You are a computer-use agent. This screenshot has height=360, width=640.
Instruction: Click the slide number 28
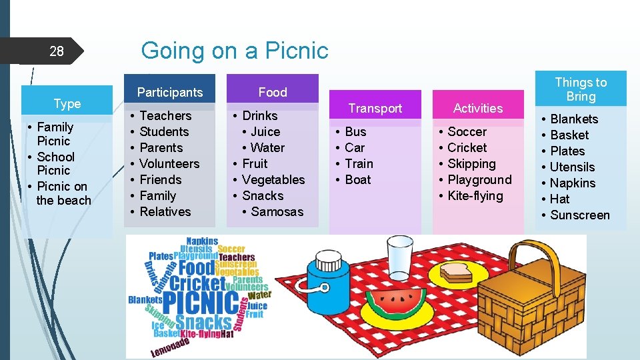pos(57,51)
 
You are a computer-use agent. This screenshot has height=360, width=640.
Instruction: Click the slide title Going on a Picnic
pos(235,50)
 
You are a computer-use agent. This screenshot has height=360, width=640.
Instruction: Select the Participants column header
pos(169,92)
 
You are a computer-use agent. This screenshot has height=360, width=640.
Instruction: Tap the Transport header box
pos(375,108)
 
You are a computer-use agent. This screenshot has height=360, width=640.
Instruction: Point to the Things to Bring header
pos(581,89)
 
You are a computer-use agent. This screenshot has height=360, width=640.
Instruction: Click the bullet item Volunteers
pos(169,163)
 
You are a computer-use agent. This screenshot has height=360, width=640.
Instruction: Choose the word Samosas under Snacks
pos(277,211)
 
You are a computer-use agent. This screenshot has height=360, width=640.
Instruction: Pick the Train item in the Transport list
pos(359,163)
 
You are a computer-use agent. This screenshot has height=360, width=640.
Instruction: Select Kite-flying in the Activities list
pos(475,195)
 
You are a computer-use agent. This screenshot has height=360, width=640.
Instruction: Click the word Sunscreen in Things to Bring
pos(580,215)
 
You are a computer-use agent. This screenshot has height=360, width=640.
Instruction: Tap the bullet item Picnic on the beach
pos(62,193)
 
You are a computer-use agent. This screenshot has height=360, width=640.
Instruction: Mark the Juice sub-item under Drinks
pos(265,131)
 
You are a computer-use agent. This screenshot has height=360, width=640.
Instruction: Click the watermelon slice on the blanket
pos(401,303)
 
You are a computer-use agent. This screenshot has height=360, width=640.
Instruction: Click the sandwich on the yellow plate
pos(457,271)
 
